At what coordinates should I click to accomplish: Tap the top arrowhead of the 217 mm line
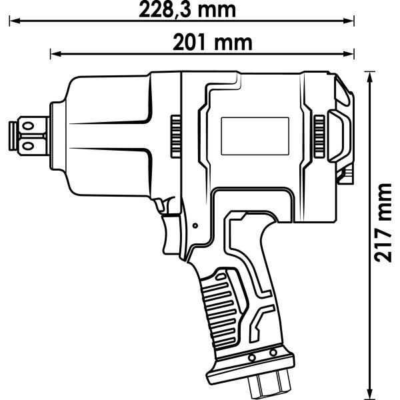coord(370,73)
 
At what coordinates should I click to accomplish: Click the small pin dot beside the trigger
coord(194,226)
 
